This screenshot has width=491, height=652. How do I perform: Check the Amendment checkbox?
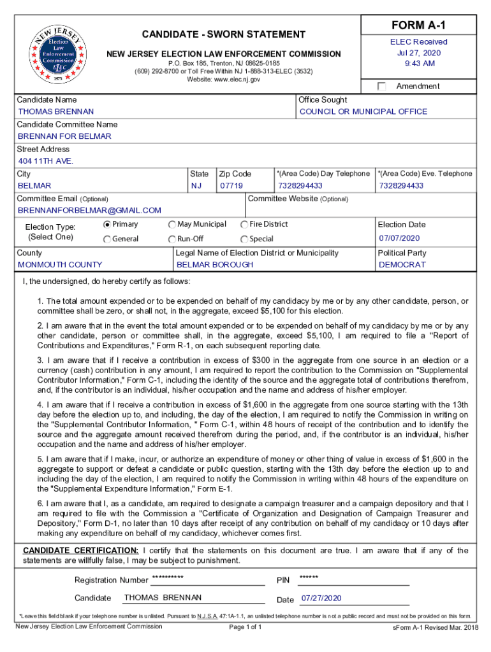tap(382, 87)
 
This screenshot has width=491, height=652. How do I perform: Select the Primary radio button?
tap(107, 224)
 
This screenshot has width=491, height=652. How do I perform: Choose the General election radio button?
tap(107, 239)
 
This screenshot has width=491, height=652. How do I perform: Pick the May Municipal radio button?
tap(172, 224)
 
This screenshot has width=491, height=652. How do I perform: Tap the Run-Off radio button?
tap(172, 239)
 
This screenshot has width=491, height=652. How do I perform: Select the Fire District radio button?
tap(244, 224)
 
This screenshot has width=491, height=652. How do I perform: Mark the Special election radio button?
tap(244, 239)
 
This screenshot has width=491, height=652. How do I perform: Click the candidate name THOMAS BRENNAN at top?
tap(56, 112)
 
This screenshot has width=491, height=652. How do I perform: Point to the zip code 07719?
tap(231, 186)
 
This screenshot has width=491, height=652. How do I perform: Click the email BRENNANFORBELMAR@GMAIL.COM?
tap(89, 211)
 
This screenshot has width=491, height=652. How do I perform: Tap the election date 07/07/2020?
tap(399, 239)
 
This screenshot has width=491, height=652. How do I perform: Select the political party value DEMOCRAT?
tap(402, 265)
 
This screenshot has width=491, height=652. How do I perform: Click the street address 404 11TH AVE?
tap(46, 161)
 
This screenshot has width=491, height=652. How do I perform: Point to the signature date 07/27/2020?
tap(321, 599)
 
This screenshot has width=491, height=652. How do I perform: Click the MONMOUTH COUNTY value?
tap(60, 265)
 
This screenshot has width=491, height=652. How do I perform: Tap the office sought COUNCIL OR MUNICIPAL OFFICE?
tap(363, 112)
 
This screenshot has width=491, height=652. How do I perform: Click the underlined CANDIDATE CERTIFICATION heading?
tap(80, 551)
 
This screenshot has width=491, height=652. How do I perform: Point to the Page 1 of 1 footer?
tap(245, 627)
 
